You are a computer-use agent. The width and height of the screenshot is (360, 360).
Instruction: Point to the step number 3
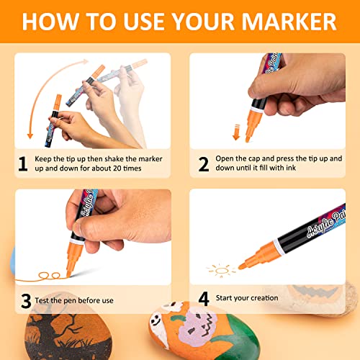(23, 300)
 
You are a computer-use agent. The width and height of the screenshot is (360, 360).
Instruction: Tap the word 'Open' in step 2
(233, 158)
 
